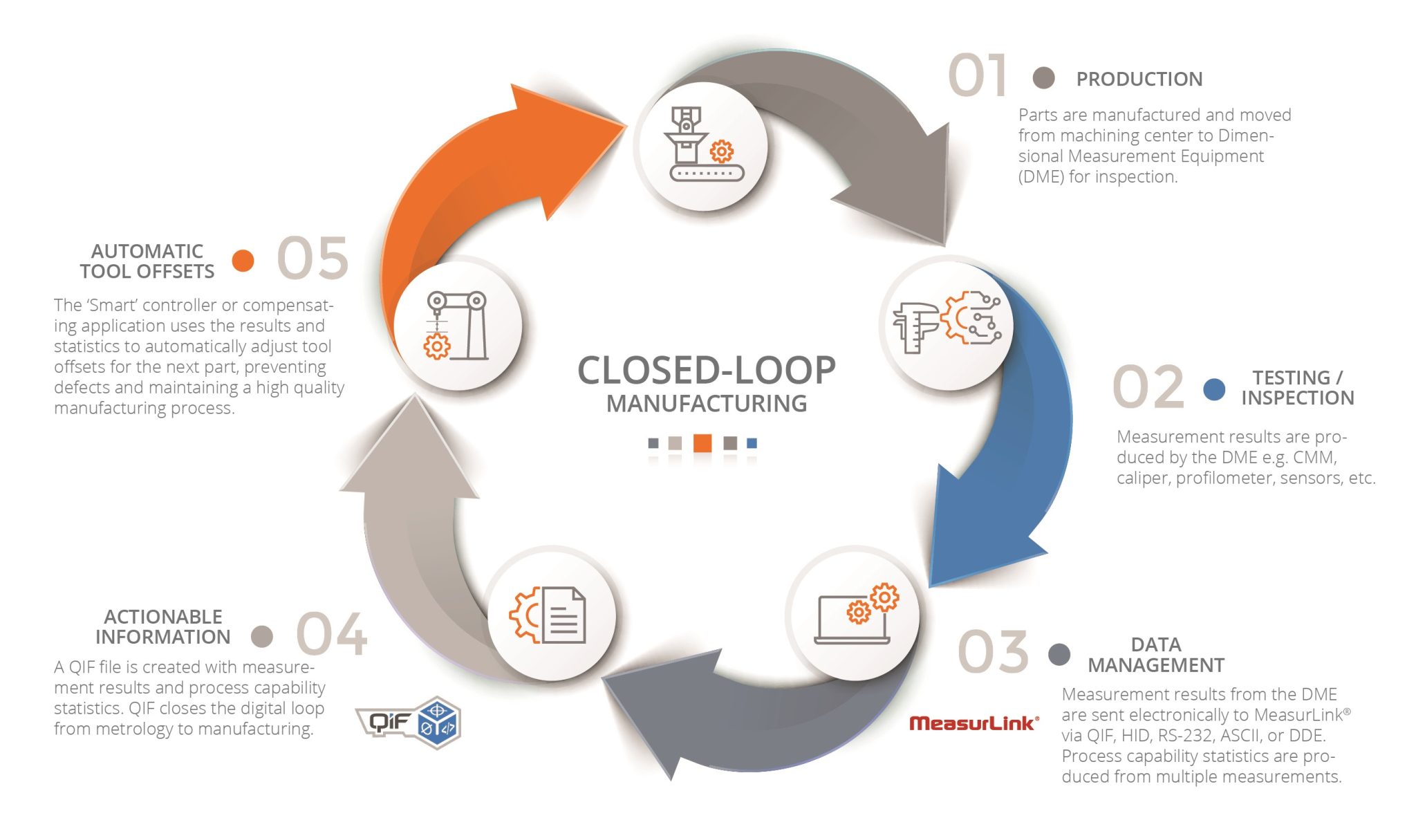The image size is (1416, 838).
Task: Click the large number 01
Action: click(x=977, y=75)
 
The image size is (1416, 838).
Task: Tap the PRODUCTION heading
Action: click(x=1139, y=80)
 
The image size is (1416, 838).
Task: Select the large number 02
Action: click(x=1148, y=387)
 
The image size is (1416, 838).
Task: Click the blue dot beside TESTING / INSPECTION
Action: click(x=1214, y=389)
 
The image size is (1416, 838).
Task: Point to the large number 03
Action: click(x=993, y=652)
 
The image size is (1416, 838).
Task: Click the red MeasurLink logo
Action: click(x=973, y=723)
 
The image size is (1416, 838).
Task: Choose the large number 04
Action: click(x=331, y=634)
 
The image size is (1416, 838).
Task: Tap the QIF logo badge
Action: click(x=408, y=723)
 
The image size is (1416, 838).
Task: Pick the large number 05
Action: click(x=313, y=259)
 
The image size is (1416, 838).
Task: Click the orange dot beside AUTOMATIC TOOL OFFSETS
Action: click(x=243, y=261)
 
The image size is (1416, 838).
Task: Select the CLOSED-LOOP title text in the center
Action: click(x=706, y=371)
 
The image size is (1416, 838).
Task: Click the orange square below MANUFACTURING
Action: click(x=702, y=443)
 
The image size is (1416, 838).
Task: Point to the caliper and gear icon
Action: click(x=946, y=322)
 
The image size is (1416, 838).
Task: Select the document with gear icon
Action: click(x=548, y=615)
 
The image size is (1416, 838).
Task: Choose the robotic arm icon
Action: click(x=456, y=325)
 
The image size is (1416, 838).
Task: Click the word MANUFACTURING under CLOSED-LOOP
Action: click(x=706, y=404)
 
